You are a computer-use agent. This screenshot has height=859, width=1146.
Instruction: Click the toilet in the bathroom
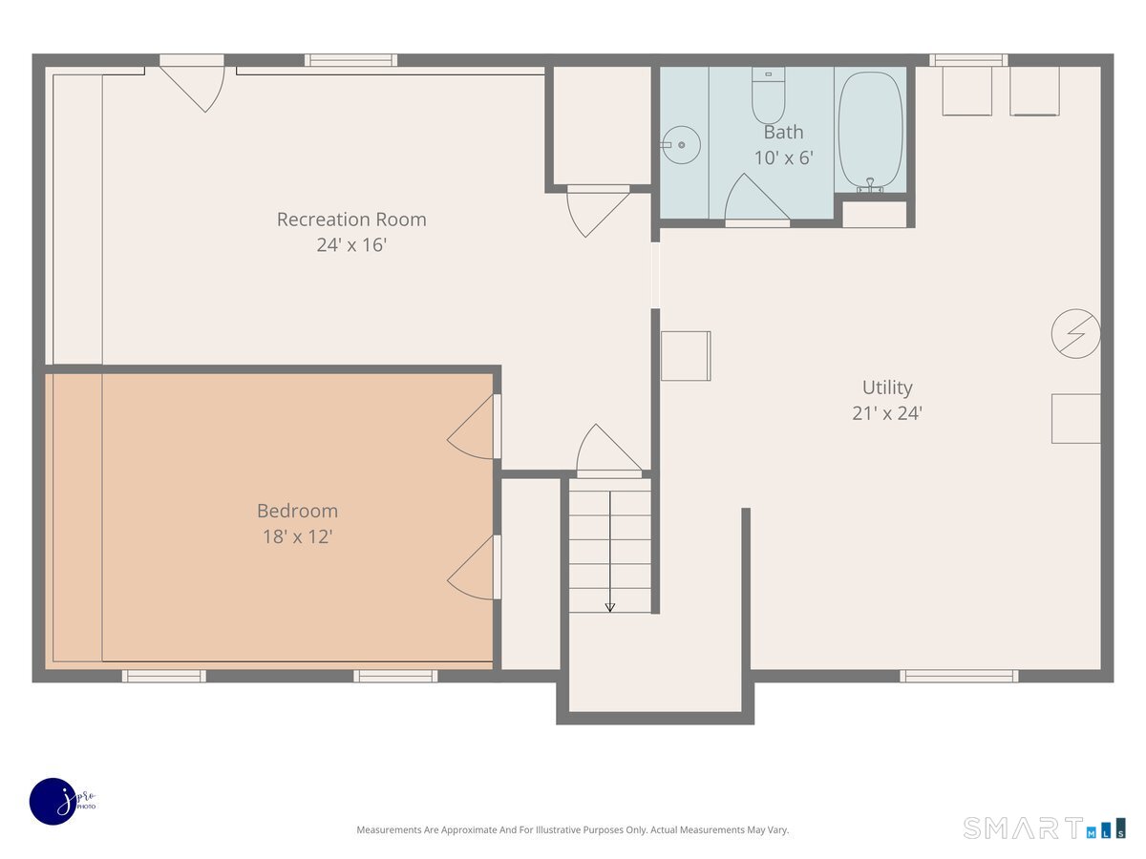[x=768, y=94]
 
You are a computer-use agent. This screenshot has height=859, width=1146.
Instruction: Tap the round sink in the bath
[x=681, y=145]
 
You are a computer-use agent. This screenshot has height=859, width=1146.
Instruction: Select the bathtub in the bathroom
[x=870, y=133]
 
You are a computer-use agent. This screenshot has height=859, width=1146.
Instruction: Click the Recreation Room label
[x=351, y=220]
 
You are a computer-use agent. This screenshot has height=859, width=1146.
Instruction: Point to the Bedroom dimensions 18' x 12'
[x=298, y=536]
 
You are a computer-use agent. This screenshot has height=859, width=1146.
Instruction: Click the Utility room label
[x=887, y=388]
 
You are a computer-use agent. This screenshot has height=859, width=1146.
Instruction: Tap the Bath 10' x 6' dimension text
[x=784, y=157]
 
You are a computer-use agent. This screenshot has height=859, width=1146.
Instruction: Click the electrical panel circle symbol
[x=1075, y=334]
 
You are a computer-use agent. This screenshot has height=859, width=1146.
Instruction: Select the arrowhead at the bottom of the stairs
[x=610, y=607]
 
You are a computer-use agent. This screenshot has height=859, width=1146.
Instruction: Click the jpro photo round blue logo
[x=53, y=802]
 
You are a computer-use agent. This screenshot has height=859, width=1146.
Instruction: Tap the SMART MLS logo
[x=1044, y=828]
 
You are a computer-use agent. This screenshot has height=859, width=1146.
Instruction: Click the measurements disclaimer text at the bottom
[x=573, y=829]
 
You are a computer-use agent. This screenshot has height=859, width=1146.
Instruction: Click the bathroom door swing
[x=757, y=198]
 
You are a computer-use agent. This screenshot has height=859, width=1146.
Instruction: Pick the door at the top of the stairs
[x=608, y=449]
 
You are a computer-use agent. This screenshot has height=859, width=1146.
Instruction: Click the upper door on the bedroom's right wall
[x=473, y=427]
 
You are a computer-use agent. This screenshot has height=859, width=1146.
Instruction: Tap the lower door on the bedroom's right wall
[x=473, y=568]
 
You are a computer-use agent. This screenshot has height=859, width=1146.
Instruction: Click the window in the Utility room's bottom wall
[x=959, y=677]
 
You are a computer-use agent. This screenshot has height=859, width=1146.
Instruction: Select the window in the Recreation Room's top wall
[x=350, y=60]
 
